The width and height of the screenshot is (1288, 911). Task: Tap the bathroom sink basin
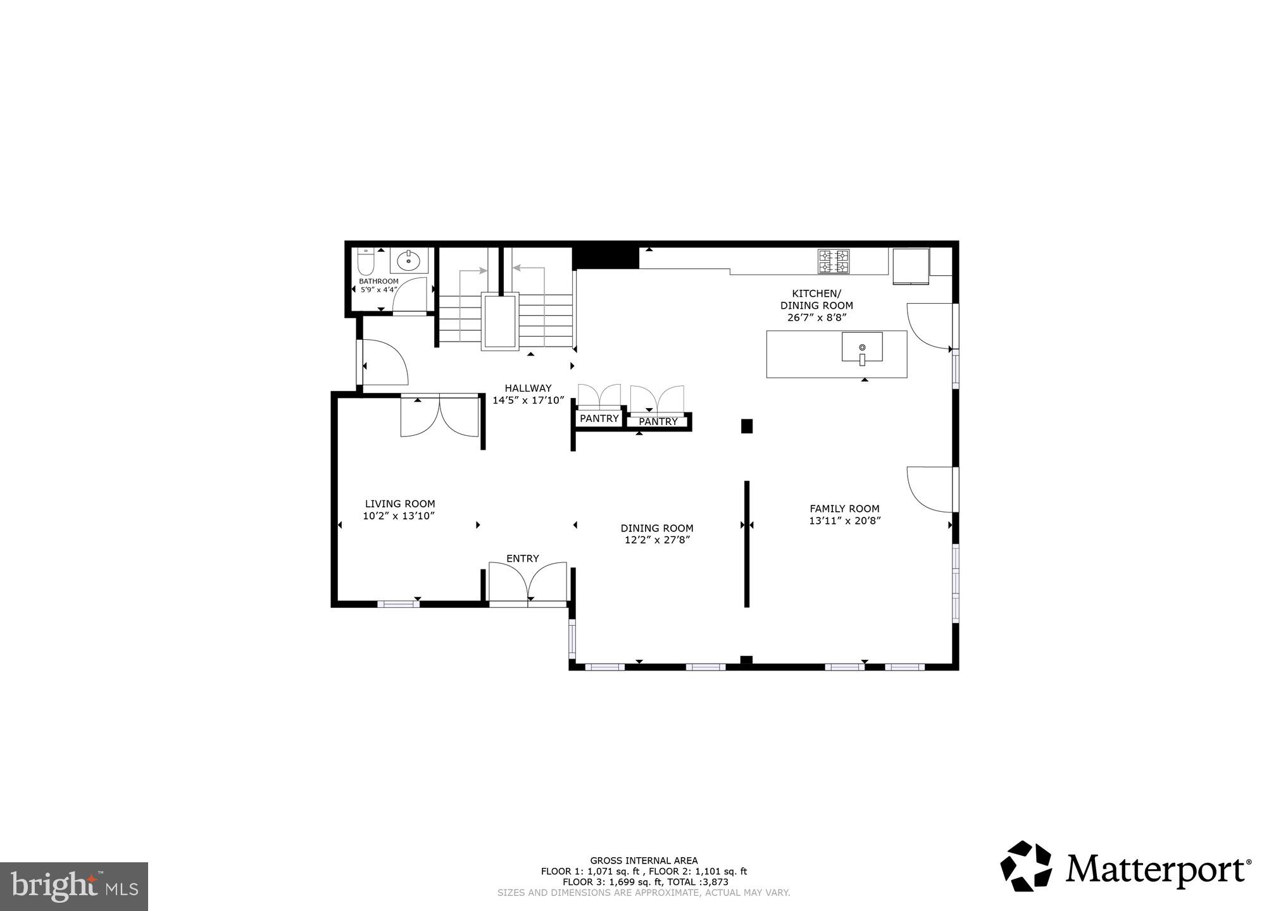point(409,260)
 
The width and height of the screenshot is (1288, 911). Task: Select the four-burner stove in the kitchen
point(833,262)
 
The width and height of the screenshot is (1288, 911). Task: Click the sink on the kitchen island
point(861,347)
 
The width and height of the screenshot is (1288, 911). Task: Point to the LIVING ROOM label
point(399,504)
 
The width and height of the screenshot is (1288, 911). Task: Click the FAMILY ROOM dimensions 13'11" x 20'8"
point(844,521)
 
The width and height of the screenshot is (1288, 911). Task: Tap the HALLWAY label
point(527,388)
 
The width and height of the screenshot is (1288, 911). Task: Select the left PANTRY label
point(599,419)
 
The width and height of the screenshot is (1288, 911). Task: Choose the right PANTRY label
point(658,422)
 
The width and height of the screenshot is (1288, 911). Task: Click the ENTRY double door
point(528,582)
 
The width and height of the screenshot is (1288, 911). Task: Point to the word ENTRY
point(522,559)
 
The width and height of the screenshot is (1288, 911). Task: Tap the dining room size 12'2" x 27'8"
point(656,540)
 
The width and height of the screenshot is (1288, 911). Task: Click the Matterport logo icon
point(1025,866)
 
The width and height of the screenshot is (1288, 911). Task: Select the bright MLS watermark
point(73,887)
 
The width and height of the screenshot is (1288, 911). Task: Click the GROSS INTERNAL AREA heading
point(644,860)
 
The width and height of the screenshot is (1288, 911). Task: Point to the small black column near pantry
point(746,426)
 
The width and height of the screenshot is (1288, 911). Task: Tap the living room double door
point(440,416)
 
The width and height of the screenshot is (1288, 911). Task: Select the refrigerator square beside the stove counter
point(910,266)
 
